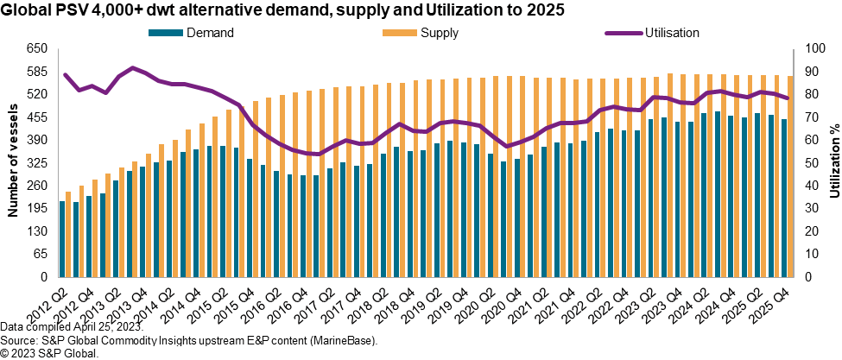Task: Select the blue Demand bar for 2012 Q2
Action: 62,239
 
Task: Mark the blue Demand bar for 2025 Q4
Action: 783,199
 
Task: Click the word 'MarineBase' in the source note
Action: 344,342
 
